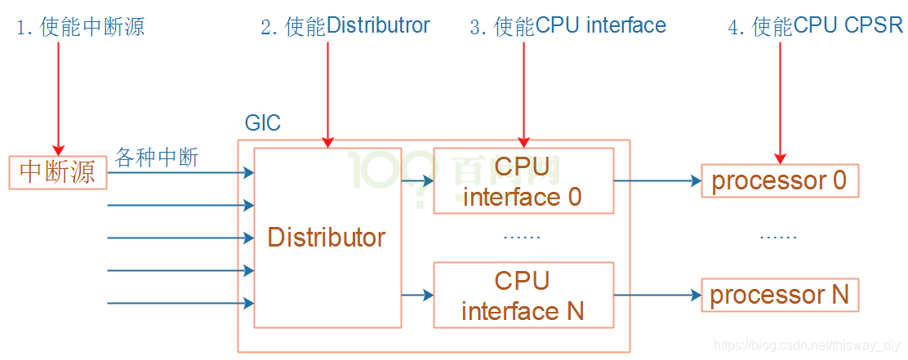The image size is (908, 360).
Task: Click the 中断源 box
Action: (x=58, y=172)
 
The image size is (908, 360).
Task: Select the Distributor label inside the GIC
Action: (x=326, y=238)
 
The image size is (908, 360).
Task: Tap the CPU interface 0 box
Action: (x=523, y=180)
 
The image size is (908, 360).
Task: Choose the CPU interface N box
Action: (x=523, y=295)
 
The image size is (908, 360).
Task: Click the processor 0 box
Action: (x=780, y=180)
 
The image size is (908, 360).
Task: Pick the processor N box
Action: (x=780, y=295)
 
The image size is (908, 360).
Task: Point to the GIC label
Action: (x=262, y=123)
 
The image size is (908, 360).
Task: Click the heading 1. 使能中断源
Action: (x=81, y=27)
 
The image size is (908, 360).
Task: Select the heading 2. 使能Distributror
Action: (x=345, y=26)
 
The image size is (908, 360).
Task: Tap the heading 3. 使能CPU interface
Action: (x=567, y=26)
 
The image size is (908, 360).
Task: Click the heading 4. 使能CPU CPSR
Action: (x=815, y=26)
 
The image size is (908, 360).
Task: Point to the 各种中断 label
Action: (x=157, y=157)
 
